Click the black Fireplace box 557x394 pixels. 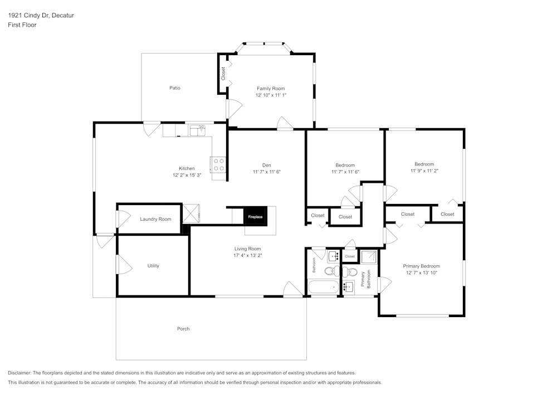point(255,216)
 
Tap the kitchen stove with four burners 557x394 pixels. point(218,164)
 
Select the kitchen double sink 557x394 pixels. point(198,130)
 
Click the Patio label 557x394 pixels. point(175,88)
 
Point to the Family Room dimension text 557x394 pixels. point(271,95)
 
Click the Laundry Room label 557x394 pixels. point(155,219)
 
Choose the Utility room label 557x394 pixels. point(153,266)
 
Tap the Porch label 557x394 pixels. point(183,329)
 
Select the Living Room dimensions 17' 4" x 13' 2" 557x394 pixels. point(247,255)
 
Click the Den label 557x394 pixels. point(267,165)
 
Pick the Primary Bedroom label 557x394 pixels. point(421,266)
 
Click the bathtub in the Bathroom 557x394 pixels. point(324,288)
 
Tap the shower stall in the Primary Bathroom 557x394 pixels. point(369,256)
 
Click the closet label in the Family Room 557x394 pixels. point(223,74)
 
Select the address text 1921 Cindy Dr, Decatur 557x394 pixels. point(41,16)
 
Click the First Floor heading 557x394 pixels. point(22,25)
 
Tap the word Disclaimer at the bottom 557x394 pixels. point(19,373)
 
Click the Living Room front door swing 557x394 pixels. point(291,289)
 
